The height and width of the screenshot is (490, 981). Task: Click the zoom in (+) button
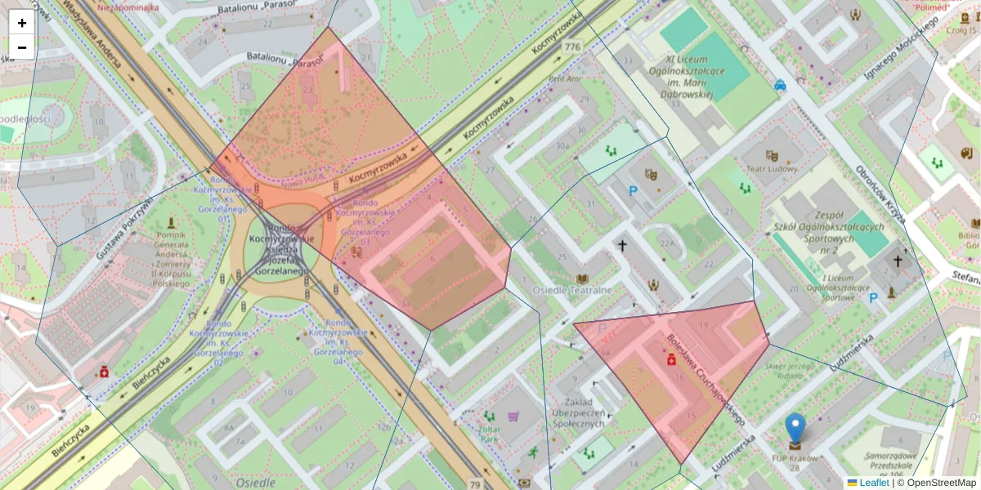pyautogui.click(x=22, y=23)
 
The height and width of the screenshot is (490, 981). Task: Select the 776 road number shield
pyautogui.click(x=572, y=47)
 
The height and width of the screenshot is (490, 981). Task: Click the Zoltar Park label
pyautogui.click(x=490, y=433)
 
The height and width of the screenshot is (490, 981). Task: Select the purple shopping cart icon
pyautogui.click(x=513, y=416)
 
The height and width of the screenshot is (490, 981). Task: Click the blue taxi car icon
pyautogui.click(x=781, y=84)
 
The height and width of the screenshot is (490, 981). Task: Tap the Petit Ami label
pyautogui.click(x=565, y=79)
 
